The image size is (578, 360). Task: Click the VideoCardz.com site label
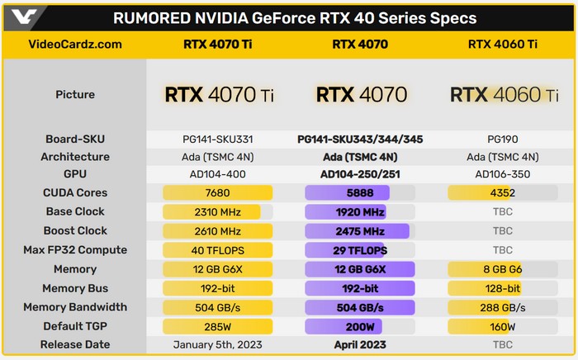(75, 45)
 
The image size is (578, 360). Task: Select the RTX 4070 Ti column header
(217, 45)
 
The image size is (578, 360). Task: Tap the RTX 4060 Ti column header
(502, 45)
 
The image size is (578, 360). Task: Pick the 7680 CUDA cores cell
(218, 193)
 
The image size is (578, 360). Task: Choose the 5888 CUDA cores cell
(359, 193)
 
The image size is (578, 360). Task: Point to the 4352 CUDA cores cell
(502, 193)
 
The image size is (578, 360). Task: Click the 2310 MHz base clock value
(218, 212)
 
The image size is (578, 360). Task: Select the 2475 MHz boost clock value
(359, 231)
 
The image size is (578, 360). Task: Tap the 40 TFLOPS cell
(218, 250)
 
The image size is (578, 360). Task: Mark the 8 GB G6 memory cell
(502, 269)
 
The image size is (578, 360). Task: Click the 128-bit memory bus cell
(502, 288)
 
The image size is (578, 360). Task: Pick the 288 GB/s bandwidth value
(502, 307)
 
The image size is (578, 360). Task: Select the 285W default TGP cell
(218, 326)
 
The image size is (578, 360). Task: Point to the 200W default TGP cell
(359, 326)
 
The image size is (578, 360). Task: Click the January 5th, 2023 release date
(218, 343)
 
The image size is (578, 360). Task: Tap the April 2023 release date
(359, 343)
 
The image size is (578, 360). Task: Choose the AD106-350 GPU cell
(502, 174)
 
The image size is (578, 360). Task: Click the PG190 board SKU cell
(502, 139)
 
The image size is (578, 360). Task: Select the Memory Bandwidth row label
(75, 307)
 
